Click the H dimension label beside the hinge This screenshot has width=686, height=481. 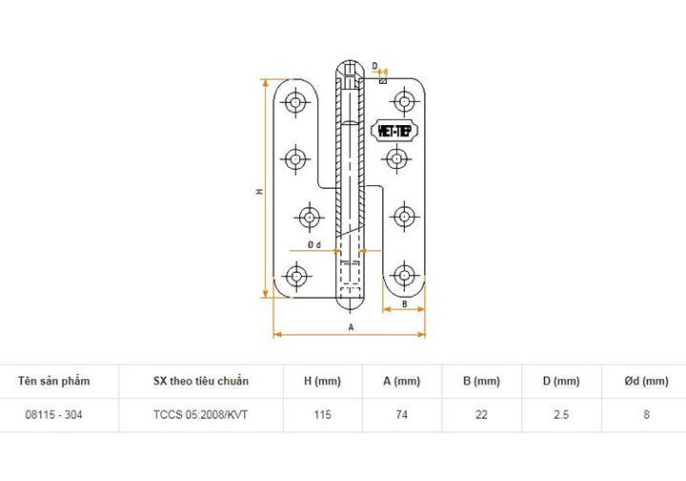[x=258, y=192]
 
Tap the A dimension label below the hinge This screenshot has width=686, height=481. [x=351, y=326]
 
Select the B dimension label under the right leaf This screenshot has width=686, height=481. [x=404, y=303]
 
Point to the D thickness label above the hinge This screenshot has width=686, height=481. [x=375, y=67]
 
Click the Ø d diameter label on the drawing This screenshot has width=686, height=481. [x=313, y=245]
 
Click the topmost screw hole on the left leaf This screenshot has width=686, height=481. [x=296, y=100]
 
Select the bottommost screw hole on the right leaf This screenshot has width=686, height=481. [x=405, y=276]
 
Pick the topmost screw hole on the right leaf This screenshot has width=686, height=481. [x=405, y=100]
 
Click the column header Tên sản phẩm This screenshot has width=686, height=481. [x=54, y=381]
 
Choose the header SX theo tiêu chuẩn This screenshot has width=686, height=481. [x=200, y=381]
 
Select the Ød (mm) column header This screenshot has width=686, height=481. [x=646, y=381]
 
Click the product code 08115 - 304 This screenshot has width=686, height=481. [x=54, y=415]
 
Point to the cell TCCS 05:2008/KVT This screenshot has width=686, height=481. [x=200, y=415]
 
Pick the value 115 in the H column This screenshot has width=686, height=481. [x=322, y=415]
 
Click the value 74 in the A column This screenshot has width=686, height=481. [x=401, y=415]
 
